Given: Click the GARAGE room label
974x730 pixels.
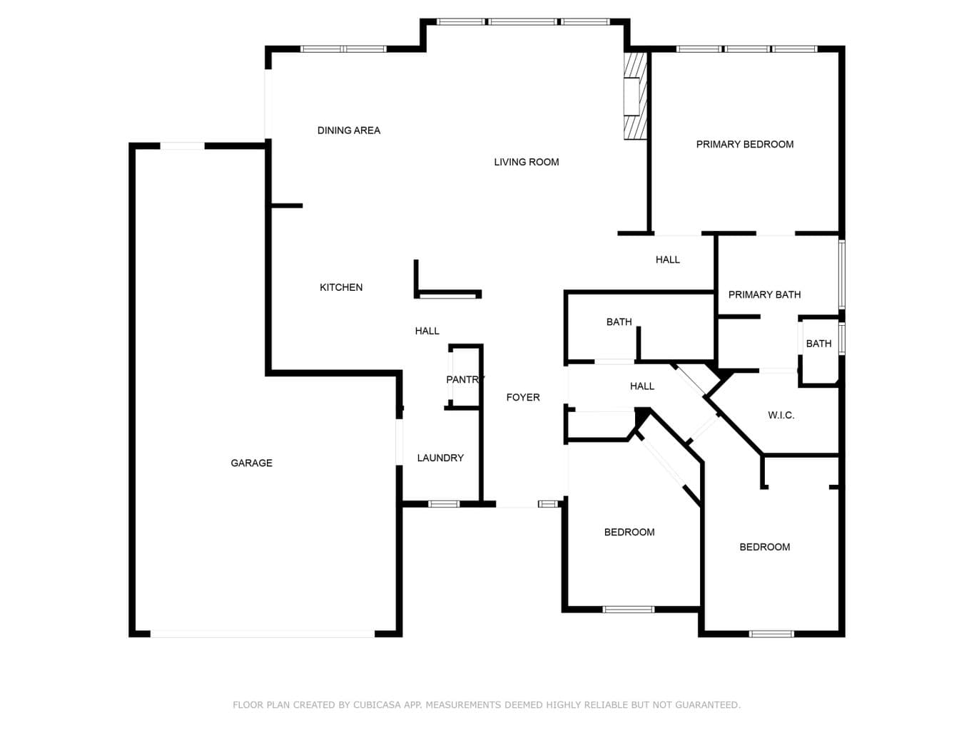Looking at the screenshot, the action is coord(251,463).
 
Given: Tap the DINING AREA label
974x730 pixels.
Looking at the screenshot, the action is coord(348,130).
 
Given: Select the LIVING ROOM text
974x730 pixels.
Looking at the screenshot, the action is coord(527,163).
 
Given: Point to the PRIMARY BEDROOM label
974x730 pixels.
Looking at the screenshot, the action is coord(744,144).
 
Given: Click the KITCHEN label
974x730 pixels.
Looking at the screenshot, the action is coord(341,287).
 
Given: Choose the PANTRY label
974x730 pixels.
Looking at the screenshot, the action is coord(465,379).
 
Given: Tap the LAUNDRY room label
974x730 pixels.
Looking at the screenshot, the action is coord(440,458).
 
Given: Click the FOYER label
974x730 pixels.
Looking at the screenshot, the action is coord(523,397).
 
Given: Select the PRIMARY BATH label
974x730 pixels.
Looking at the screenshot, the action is coord(764,294).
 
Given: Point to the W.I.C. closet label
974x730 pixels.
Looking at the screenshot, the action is coord(781,416).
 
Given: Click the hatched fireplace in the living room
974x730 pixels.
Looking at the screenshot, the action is coord(635,96).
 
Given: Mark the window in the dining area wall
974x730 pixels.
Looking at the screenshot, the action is coord(343,48).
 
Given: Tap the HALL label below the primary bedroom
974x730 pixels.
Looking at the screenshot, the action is coord(667,259).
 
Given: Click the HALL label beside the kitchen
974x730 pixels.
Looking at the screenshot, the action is coord(427,331).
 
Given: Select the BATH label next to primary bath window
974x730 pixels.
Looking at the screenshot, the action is coord(818,344).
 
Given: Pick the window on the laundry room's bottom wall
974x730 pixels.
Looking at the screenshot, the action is coord(444,504).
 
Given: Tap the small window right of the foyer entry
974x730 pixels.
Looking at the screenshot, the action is coord(548,504).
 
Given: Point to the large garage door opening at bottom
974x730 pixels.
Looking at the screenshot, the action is coord(263,634).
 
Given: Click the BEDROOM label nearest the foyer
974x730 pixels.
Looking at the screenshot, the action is coord(629,532).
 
